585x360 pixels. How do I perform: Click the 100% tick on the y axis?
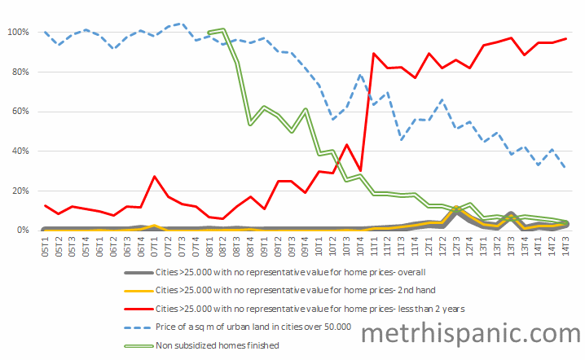[17, 33]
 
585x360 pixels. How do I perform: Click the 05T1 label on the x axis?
[45, 246]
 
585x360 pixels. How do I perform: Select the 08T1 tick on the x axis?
[209, 246]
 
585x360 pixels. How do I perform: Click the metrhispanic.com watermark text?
[470, 332]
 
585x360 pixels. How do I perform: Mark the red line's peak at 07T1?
[155, 176]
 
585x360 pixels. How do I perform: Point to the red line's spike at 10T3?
[346, 145]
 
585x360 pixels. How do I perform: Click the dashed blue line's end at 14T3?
[565, 168]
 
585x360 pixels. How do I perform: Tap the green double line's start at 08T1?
[209, 33]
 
